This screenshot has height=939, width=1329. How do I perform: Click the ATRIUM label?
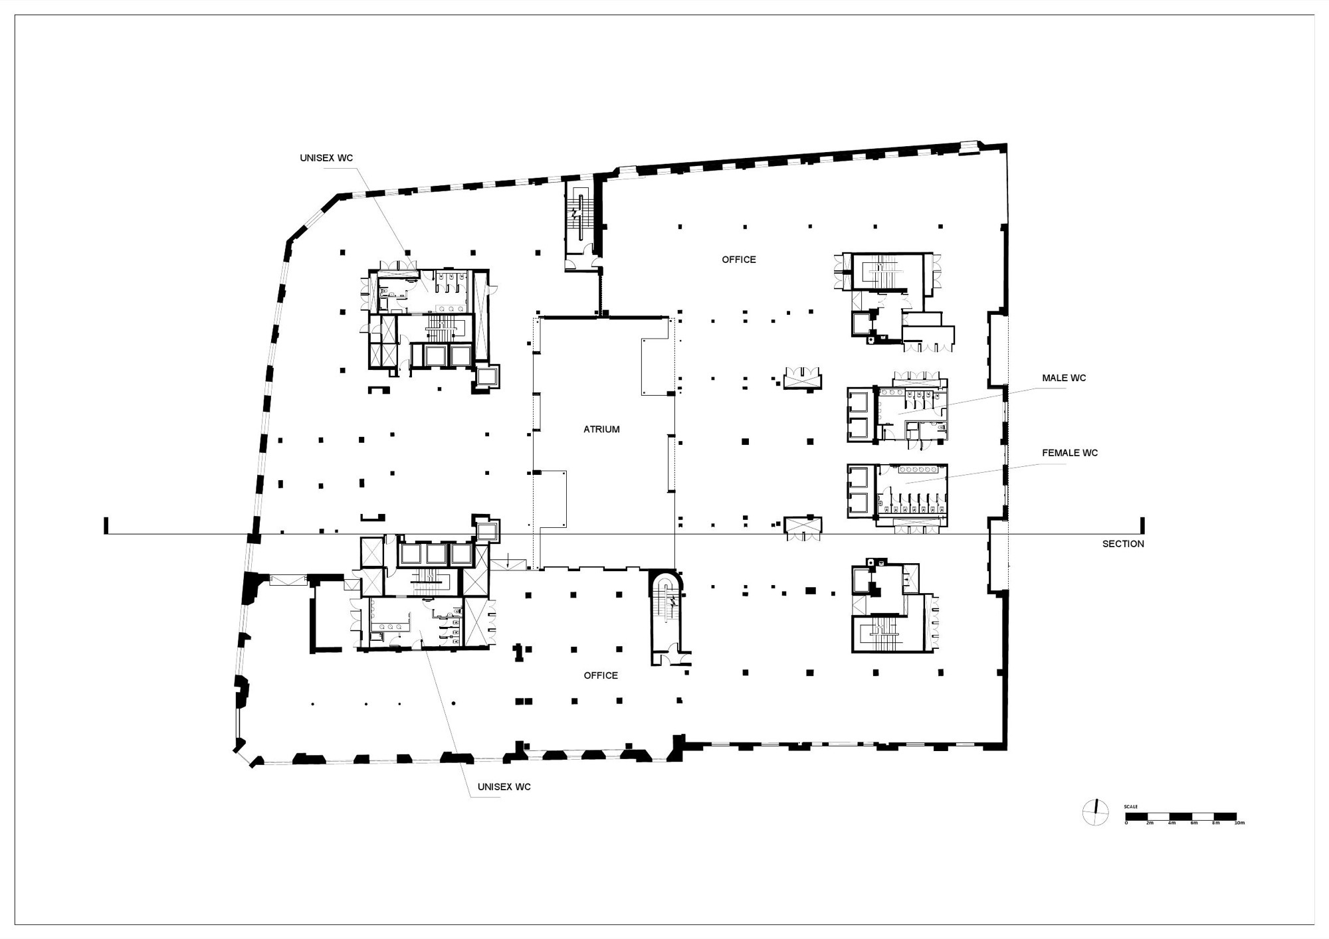[601, 430]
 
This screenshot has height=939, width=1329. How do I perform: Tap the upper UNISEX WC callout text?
[326, 158]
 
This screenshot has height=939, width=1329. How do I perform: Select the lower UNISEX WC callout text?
[504, 787]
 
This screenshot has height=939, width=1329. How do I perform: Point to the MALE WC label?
[1064, 378]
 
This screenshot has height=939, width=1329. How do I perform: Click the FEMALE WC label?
[1069, 453]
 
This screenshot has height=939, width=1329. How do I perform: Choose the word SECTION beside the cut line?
[1123, 544]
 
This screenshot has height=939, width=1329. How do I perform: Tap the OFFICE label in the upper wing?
[739, 260]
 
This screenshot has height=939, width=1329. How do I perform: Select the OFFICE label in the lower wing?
[601, 675]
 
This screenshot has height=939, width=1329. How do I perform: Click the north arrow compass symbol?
[1095, 812]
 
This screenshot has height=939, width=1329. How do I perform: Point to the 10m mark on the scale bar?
[1239, 823]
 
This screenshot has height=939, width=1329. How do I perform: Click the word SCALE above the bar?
[1131, 806]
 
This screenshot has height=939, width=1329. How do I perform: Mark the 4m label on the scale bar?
[1172, 823]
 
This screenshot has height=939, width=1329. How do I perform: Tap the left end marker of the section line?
[106, 526]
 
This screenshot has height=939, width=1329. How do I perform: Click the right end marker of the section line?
[1142, 526]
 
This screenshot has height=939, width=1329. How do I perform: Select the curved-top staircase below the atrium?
[666, 608]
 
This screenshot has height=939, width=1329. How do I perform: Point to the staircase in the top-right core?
[886, 273]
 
